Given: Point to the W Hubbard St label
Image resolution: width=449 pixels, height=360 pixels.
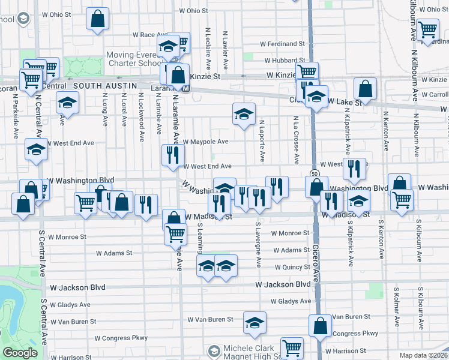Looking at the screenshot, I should (286, 60).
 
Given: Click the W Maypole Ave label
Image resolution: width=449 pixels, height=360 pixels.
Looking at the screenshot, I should (206, 142).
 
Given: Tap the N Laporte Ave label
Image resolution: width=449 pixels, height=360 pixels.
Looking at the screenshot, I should (262, 141).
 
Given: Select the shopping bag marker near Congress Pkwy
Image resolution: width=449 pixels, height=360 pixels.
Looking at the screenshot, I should (320, 326).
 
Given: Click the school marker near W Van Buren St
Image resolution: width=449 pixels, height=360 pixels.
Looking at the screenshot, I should (255, 323).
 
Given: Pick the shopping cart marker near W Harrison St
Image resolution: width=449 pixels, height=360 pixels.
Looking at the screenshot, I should (292, 347).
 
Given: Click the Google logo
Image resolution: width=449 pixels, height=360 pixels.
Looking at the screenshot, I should (20, 353).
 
